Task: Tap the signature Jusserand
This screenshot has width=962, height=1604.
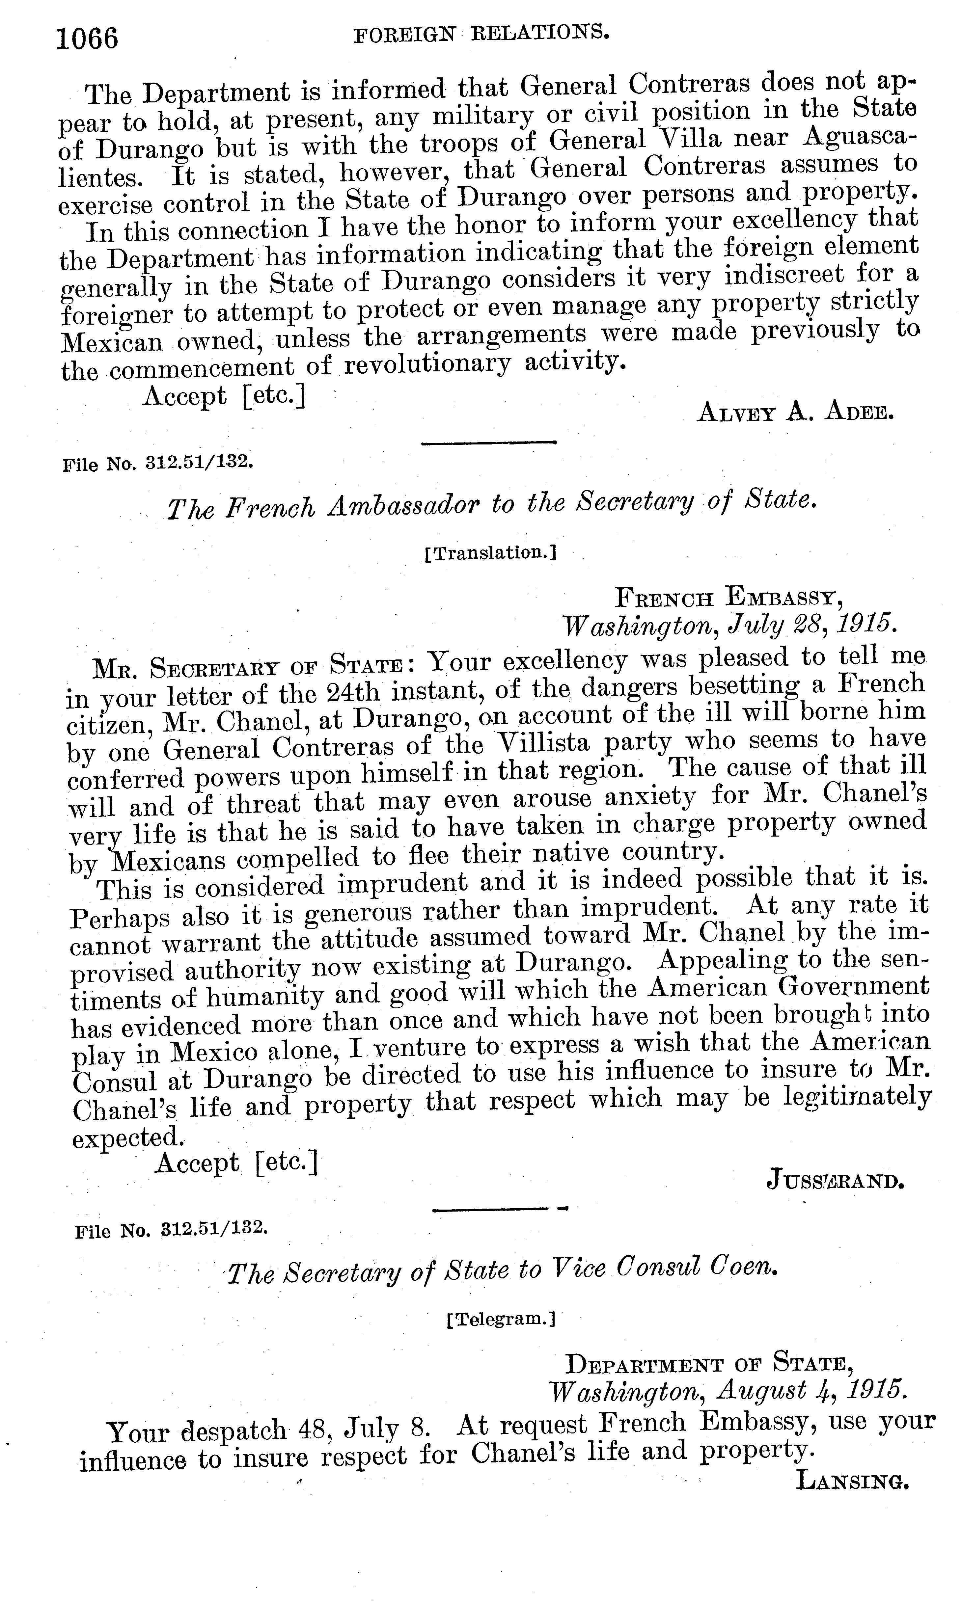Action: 834,1180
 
